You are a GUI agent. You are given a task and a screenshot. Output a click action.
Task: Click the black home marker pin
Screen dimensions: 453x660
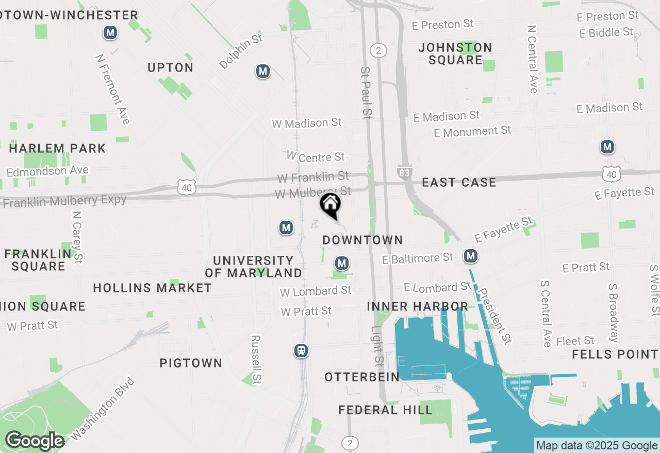(330, 204)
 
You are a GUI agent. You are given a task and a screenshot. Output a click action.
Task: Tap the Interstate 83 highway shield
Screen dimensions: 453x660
(404, 172)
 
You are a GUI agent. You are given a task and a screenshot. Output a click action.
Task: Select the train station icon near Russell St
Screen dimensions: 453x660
(301, 351)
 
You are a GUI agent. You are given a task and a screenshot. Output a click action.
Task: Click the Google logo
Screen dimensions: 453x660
(35, 441)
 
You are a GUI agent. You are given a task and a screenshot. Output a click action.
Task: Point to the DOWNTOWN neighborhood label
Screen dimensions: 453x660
(362, 240)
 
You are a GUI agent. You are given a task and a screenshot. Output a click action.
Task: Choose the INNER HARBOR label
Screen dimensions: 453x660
(418, 307)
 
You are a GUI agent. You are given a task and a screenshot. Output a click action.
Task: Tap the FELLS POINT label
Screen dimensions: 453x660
(615, 355)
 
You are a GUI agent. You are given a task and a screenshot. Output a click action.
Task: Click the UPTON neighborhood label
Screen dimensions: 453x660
(171, 68)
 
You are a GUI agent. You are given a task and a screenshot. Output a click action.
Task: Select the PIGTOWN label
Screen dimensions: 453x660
(191, 363)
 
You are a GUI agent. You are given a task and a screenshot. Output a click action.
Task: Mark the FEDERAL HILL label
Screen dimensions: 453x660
(385, 410)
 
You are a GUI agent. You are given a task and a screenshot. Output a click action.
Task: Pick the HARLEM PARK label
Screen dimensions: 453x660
(57, 149)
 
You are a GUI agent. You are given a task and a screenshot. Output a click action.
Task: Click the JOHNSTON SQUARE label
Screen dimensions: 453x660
(455, 54)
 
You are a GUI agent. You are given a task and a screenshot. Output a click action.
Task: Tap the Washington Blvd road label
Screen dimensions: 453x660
(103, 409)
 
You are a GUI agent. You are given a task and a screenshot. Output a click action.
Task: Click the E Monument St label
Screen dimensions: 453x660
(472, 132)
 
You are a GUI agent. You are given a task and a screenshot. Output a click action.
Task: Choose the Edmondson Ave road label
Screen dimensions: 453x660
(47, 171)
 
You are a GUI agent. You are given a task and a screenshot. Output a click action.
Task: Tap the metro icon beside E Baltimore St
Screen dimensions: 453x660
(470, 256)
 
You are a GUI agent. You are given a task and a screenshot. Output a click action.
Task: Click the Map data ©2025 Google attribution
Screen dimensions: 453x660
(597, 446)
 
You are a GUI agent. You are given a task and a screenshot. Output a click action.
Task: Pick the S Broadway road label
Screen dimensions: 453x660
(614, 312)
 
